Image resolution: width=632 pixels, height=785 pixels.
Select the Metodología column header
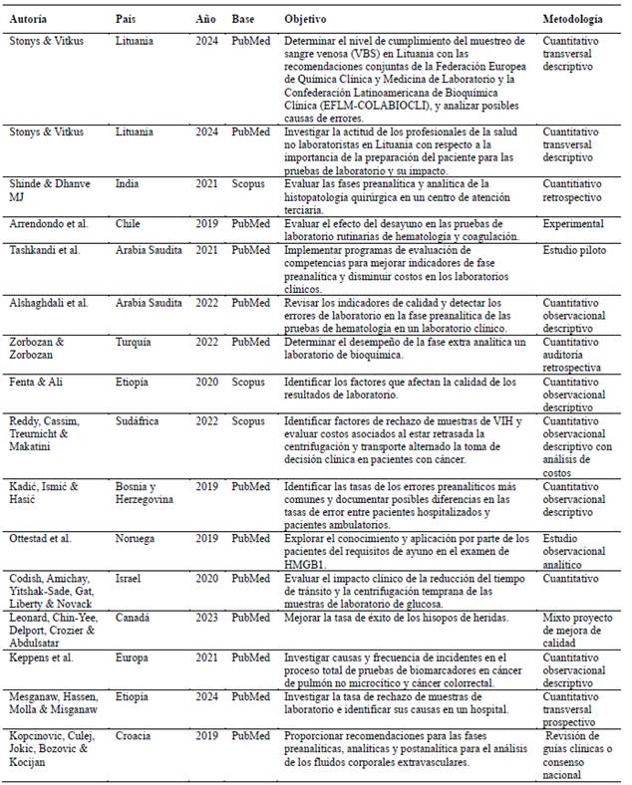pyautogui.click(x=572, y=19)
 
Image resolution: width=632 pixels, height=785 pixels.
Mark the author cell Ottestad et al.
pyautogui.click(x=41, y=538)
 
